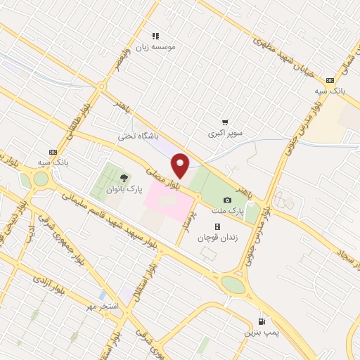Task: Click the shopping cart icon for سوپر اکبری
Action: (x=225, y=122)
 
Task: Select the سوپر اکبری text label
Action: (x=225, y=132)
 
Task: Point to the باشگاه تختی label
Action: (x=137, y=136)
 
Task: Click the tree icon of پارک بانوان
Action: (x=124, y=179)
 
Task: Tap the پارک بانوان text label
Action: (x=125, y=190)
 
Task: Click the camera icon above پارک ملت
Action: (x=226, y=200)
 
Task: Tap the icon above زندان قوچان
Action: (x=217, y=226)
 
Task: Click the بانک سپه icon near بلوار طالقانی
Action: (x=52, y=152)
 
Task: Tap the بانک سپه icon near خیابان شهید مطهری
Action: (x=330, y=80)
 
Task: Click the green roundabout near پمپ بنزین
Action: (x=233, y=284)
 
